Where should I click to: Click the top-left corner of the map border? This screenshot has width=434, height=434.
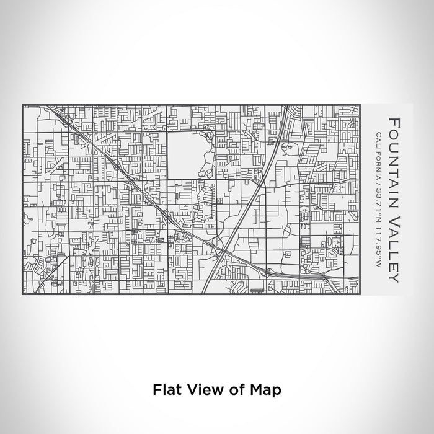coord(22,105)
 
